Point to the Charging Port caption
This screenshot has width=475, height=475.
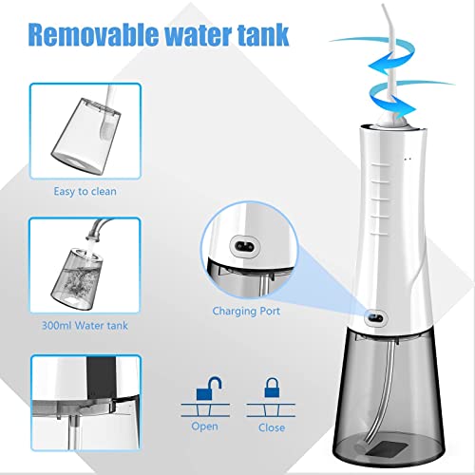(x=245, y=309)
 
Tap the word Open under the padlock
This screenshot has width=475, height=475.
(x=204, y=427)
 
